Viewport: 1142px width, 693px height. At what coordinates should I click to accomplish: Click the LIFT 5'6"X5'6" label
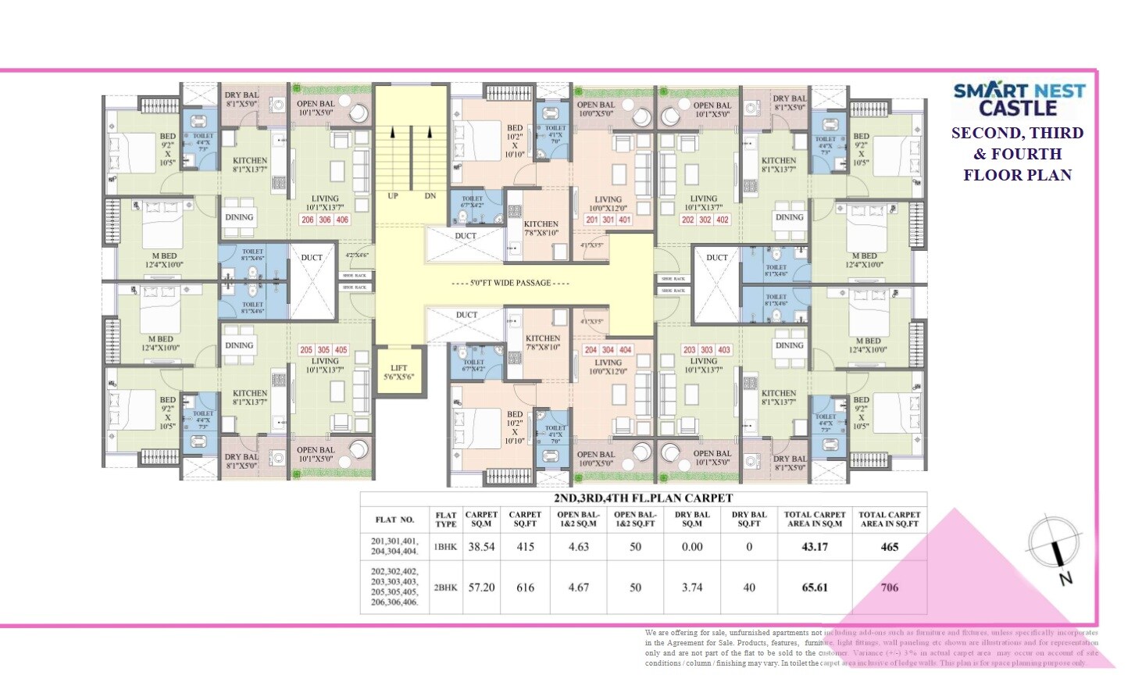click(x=399, y=372)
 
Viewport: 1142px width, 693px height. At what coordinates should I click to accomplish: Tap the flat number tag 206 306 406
click(x=325, y=220)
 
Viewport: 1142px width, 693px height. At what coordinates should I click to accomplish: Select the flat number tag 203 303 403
click(x=705, y=350)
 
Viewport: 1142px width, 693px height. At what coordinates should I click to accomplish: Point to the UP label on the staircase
click(x=393, y=196)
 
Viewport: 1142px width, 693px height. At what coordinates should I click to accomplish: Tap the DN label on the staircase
click(x=430, y=196)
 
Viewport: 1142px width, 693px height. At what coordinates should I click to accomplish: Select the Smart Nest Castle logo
click(x=1019, y=99)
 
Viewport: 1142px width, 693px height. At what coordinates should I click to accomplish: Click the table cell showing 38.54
click(x=481, y=547)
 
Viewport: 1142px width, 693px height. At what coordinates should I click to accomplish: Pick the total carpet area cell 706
click(x=889, y=588)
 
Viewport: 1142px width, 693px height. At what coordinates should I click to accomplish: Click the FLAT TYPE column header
click(x=446, y=520)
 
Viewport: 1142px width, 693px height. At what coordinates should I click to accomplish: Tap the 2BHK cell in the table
click(x=445, y=588)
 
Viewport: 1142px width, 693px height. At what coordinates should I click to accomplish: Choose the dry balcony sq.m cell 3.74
click(x=692, y=588)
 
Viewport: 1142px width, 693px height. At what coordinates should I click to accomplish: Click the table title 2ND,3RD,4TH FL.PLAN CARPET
click(x=643, y=498)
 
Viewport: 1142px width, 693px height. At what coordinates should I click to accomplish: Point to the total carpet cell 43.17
click(x=815, y=547)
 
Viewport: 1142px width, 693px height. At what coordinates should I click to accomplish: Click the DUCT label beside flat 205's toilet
click(x=312, y=258)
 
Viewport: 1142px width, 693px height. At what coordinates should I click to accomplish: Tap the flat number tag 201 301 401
click(x=608, y=220)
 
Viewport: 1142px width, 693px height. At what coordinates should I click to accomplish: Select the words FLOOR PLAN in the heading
click(x=1017, y=175)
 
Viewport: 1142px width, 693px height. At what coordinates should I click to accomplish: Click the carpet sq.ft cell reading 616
click(x=525, y=588)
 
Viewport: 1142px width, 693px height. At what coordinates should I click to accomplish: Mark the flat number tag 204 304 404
click(x=608, y=350)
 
